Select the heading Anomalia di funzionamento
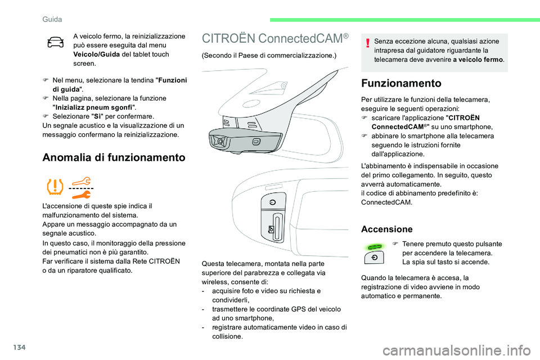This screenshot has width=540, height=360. pos(114,157)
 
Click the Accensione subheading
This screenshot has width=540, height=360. pos(386,229)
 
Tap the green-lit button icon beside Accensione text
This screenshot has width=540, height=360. pos(373,251)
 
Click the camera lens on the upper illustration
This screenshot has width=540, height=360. pos(221,141)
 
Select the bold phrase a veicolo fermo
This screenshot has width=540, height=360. pos(478,59)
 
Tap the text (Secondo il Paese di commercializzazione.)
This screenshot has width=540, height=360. pos(268,56)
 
